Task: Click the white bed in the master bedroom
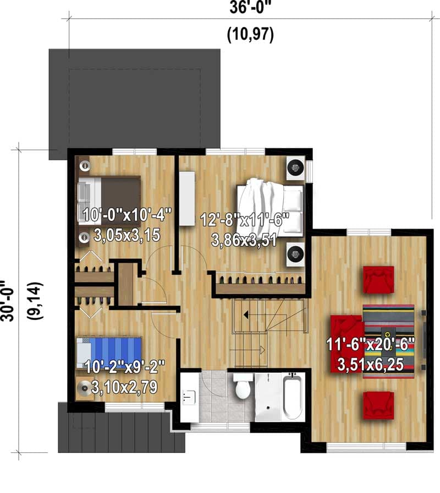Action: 269,207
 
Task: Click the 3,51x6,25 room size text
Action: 370,365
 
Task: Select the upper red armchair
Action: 378,279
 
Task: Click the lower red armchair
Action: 378,405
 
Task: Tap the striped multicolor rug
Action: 389,342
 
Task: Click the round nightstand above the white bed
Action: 295,167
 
